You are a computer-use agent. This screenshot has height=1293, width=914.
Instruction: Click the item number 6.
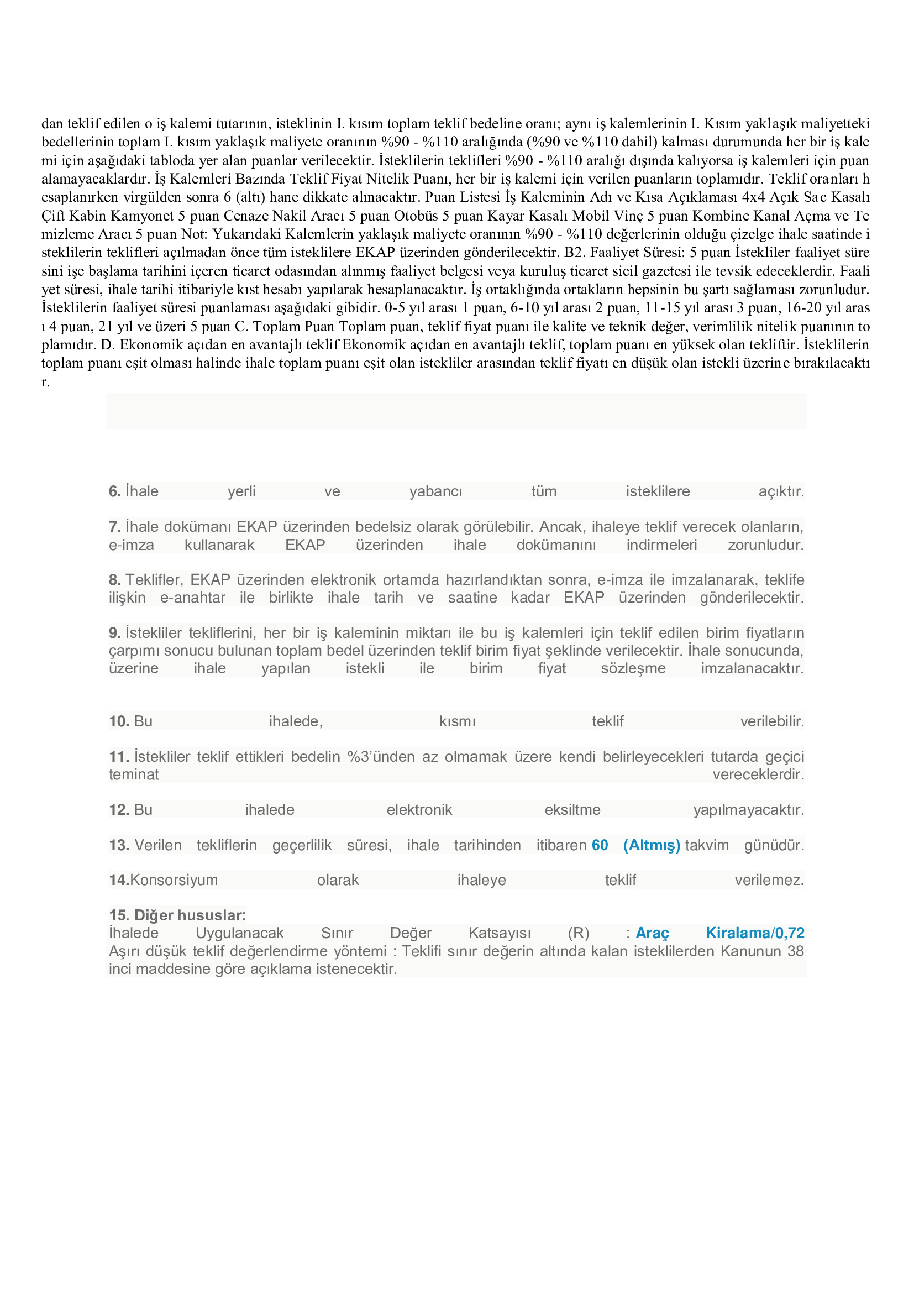[115, 491]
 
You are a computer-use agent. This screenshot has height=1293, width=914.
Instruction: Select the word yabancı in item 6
[435, 491]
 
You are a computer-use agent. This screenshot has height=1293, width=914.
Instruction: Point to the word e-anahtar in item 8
[192, 598]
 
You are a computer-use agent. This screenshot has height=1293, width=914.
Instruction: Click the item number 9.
[115, 633]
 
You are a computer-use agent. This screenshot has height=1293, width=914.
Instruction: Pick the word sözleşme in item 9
[633, 668]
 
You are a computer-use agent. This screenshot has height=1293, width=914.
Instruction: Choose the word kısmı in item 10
[457, 721]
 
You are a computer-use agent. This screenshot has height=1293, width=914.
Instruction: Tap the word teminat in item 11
[134, 774]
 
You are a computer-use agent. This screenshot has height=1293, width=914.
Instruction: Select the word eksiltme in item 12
[572, 810]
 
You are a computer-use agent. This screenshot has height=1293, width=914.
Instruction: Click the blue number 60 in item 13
[600, 845]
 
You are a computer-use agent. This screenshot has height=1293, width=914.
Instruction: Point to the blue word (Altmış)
[652, 845]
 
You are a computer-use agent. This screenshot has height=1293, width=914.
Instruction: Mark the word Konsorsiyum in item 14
[174, 880]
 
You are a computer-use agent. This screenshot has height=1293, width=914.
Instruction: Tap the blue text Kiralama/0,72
[755, 933]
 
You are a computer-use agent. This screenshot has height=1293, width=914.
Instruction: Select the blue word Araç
[652, 933]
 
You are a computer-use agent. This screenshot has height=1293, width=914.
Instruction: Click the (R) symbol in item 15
[579, 933]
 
